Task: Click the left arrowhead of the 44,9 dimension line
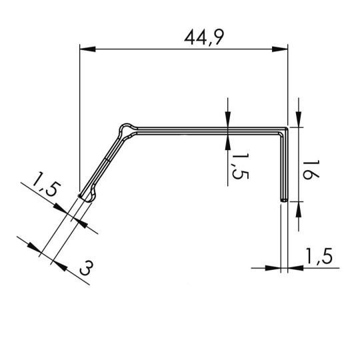coord(85,48)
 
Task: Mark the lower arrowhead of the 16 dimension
coord(298,206)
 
